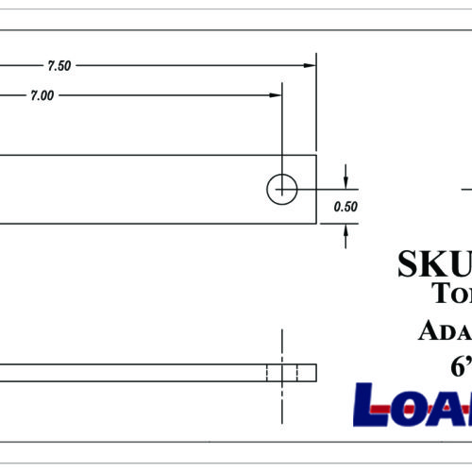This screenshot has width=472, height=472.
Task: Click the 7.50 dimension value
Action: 59,66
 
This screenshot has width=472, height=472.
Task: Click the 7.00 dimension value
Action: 42,95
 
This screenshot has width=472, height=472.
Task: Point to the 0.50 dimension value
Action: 346,208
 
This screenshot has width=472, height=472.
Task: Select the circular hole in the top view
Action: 281,189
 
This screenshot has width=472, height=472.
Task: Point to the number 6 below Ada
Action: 460,366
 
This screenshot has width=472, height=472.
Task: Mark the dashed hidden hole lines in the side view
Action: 282,372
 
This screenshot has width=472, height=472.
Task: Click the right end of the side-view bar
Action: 315,372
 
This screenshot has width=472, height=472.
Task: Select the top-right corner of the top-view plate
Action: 315,156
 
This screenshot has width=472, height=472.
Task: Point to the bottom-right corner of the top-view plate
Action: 315,224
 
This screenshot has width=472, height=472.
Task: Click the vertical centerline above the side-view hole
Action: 282,346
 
